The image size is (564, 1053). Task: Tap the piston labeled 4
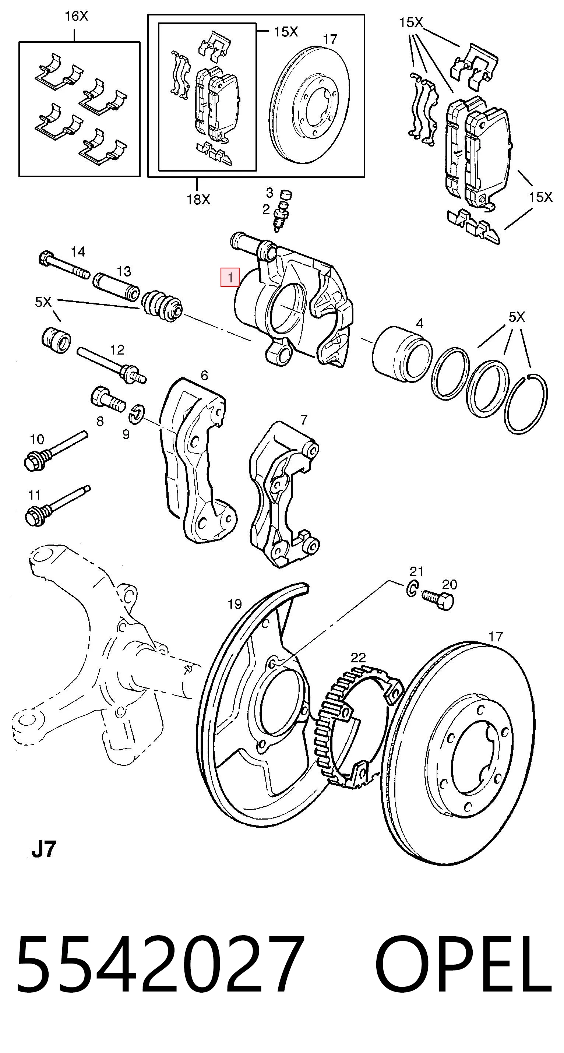tap(402, 354)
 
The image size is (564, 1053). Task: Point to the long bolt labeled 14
tap(64, 266)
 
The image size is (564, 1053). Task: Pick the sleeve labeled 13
tap(116, 286)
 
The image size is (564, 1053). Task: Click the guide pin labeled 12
tap(111, 364)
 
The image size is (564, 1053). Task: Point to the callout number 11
tap(35, 495)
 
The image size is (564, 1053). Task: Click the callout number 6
tap(204, 375)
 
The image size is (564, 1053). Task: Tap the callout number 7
tap(303, 420)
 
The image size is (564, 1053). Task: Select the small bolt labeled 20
tap(438, 600)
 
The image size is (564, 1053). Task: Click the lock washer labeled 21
tap(412, 589)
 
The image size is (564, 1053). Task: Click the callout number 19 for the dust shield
tap(235, 604)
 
